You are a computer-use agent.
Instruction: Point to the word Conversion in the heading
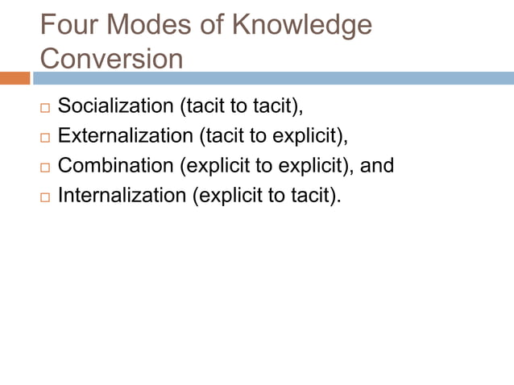coord(111,59)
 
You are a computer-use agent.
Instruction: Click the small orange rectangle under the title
coord(15,78)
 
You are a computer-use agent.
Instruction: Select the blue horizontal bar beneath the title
coord(274,78)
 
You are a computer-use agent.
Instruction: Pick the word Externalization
coord(126,135)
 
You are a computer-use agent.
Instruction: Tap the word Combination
coord(117,165)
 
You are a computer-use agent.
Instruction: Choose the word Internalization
coord(122,195)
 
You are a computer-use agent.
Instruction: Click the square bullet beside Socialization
coord(44,107)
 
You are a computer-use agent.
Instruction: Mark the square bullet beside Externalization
coord(44,137)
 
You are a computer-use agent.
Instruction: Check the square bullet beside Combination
coord(44,167)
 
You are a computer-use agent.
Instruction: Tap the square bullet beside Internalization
coord(44,197)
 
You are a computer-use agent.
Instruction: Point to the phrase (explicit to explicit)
coord(267,165)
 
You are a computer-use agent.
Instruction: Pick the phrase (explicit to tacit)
coord(267,195)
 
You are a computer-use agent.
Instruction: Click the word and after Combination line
coord(377,165)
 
